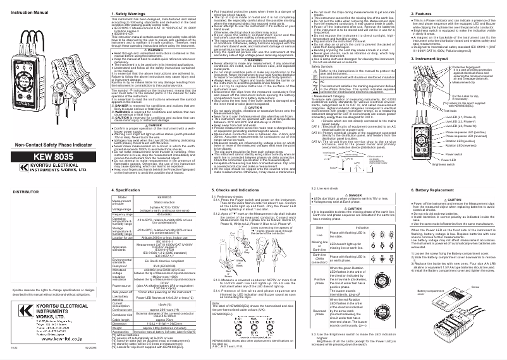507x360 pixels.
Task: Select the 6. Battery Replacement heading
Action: point(401,190)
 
